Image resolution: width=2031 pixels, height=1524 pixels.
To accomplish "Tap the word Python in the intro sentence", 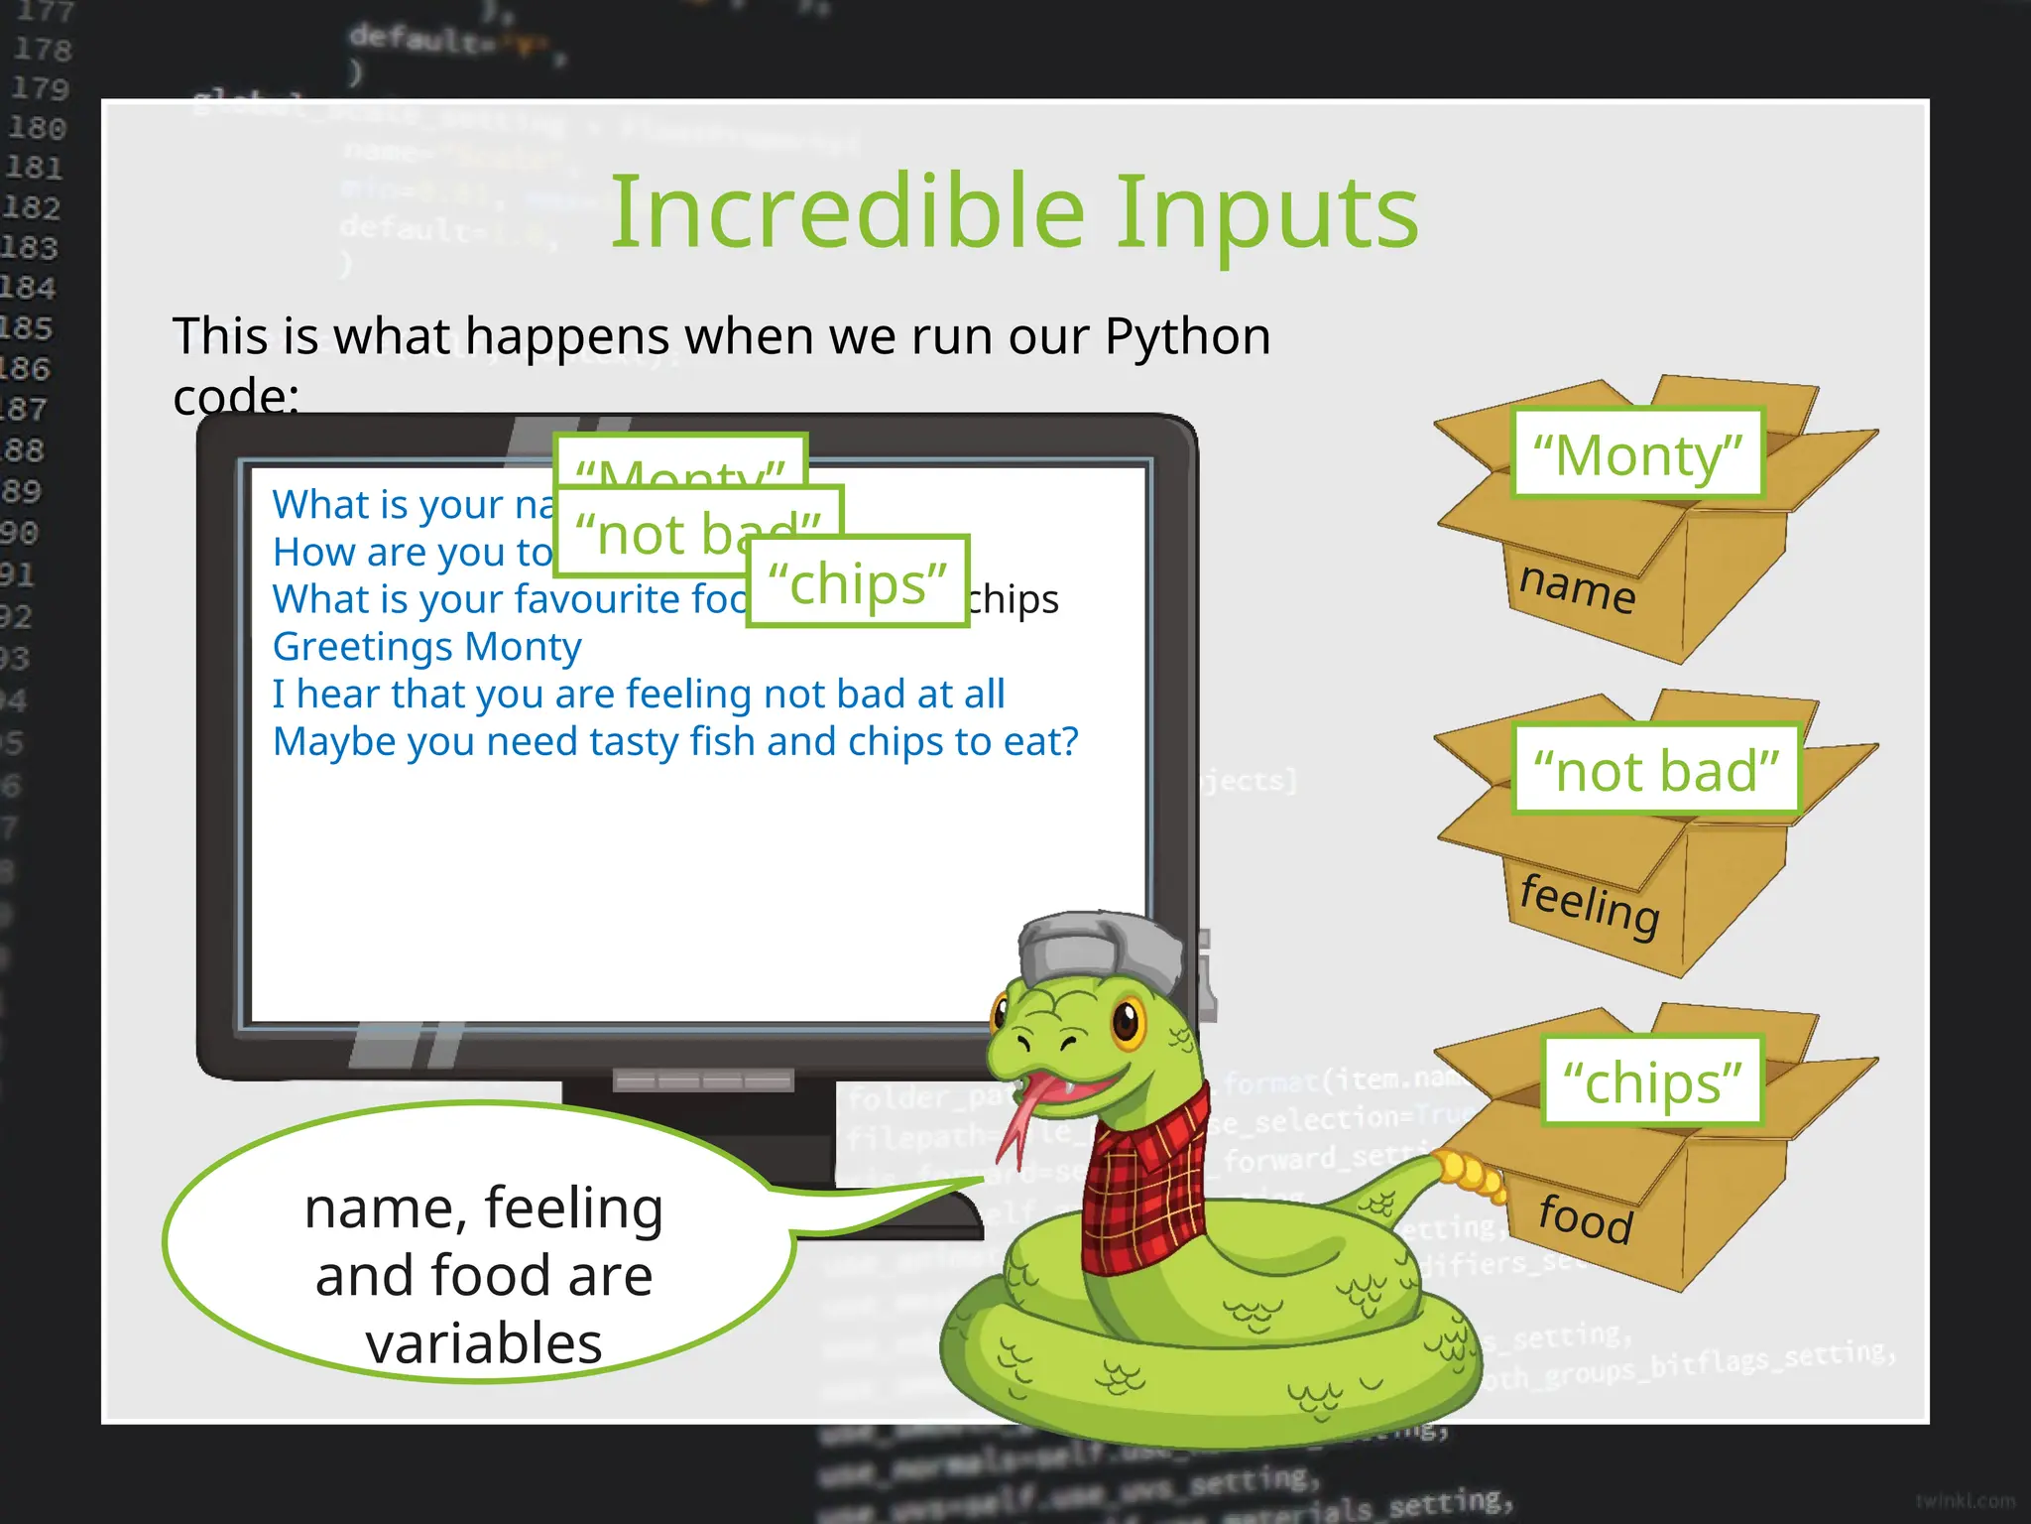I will [1187, 336].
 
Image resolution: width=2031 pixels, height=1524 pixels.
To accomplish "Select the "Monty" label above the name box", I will [1637, 454].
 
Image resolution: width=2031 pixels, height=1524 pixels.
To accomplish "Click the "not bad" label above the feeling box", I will [1656, 770].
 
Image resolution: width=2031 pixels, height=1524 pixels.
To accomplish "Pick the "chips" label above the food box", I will [1652, 1080].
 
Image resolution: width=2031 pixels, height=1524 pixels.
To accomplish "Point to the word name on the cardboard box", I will [1577, 587].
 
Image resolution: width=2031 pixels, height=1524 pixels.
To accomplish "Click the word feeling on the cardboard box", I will [1590, 904].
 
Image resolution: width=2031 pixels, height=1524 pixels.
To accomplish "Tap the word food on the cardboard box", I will [1585, 1217].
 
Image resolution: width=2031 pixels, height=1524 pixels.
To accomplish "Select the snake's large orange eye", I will [1129, 1020].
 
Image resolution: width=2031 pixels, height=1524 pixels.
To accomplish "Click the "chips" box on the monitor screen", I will [858, 581].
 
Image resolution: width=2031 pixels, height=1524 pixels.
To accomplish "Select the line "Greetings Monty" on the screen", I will [427, 647].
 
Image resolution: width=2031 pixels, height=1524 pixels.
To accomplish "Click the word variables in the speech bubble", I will [484, 1343].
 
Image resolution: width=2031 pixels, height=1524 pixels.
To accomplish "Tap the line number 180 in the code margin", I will [37, 128].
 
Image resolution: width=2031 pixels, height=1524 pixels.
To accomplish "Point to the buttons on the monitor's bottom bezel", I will [703, 1079].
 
